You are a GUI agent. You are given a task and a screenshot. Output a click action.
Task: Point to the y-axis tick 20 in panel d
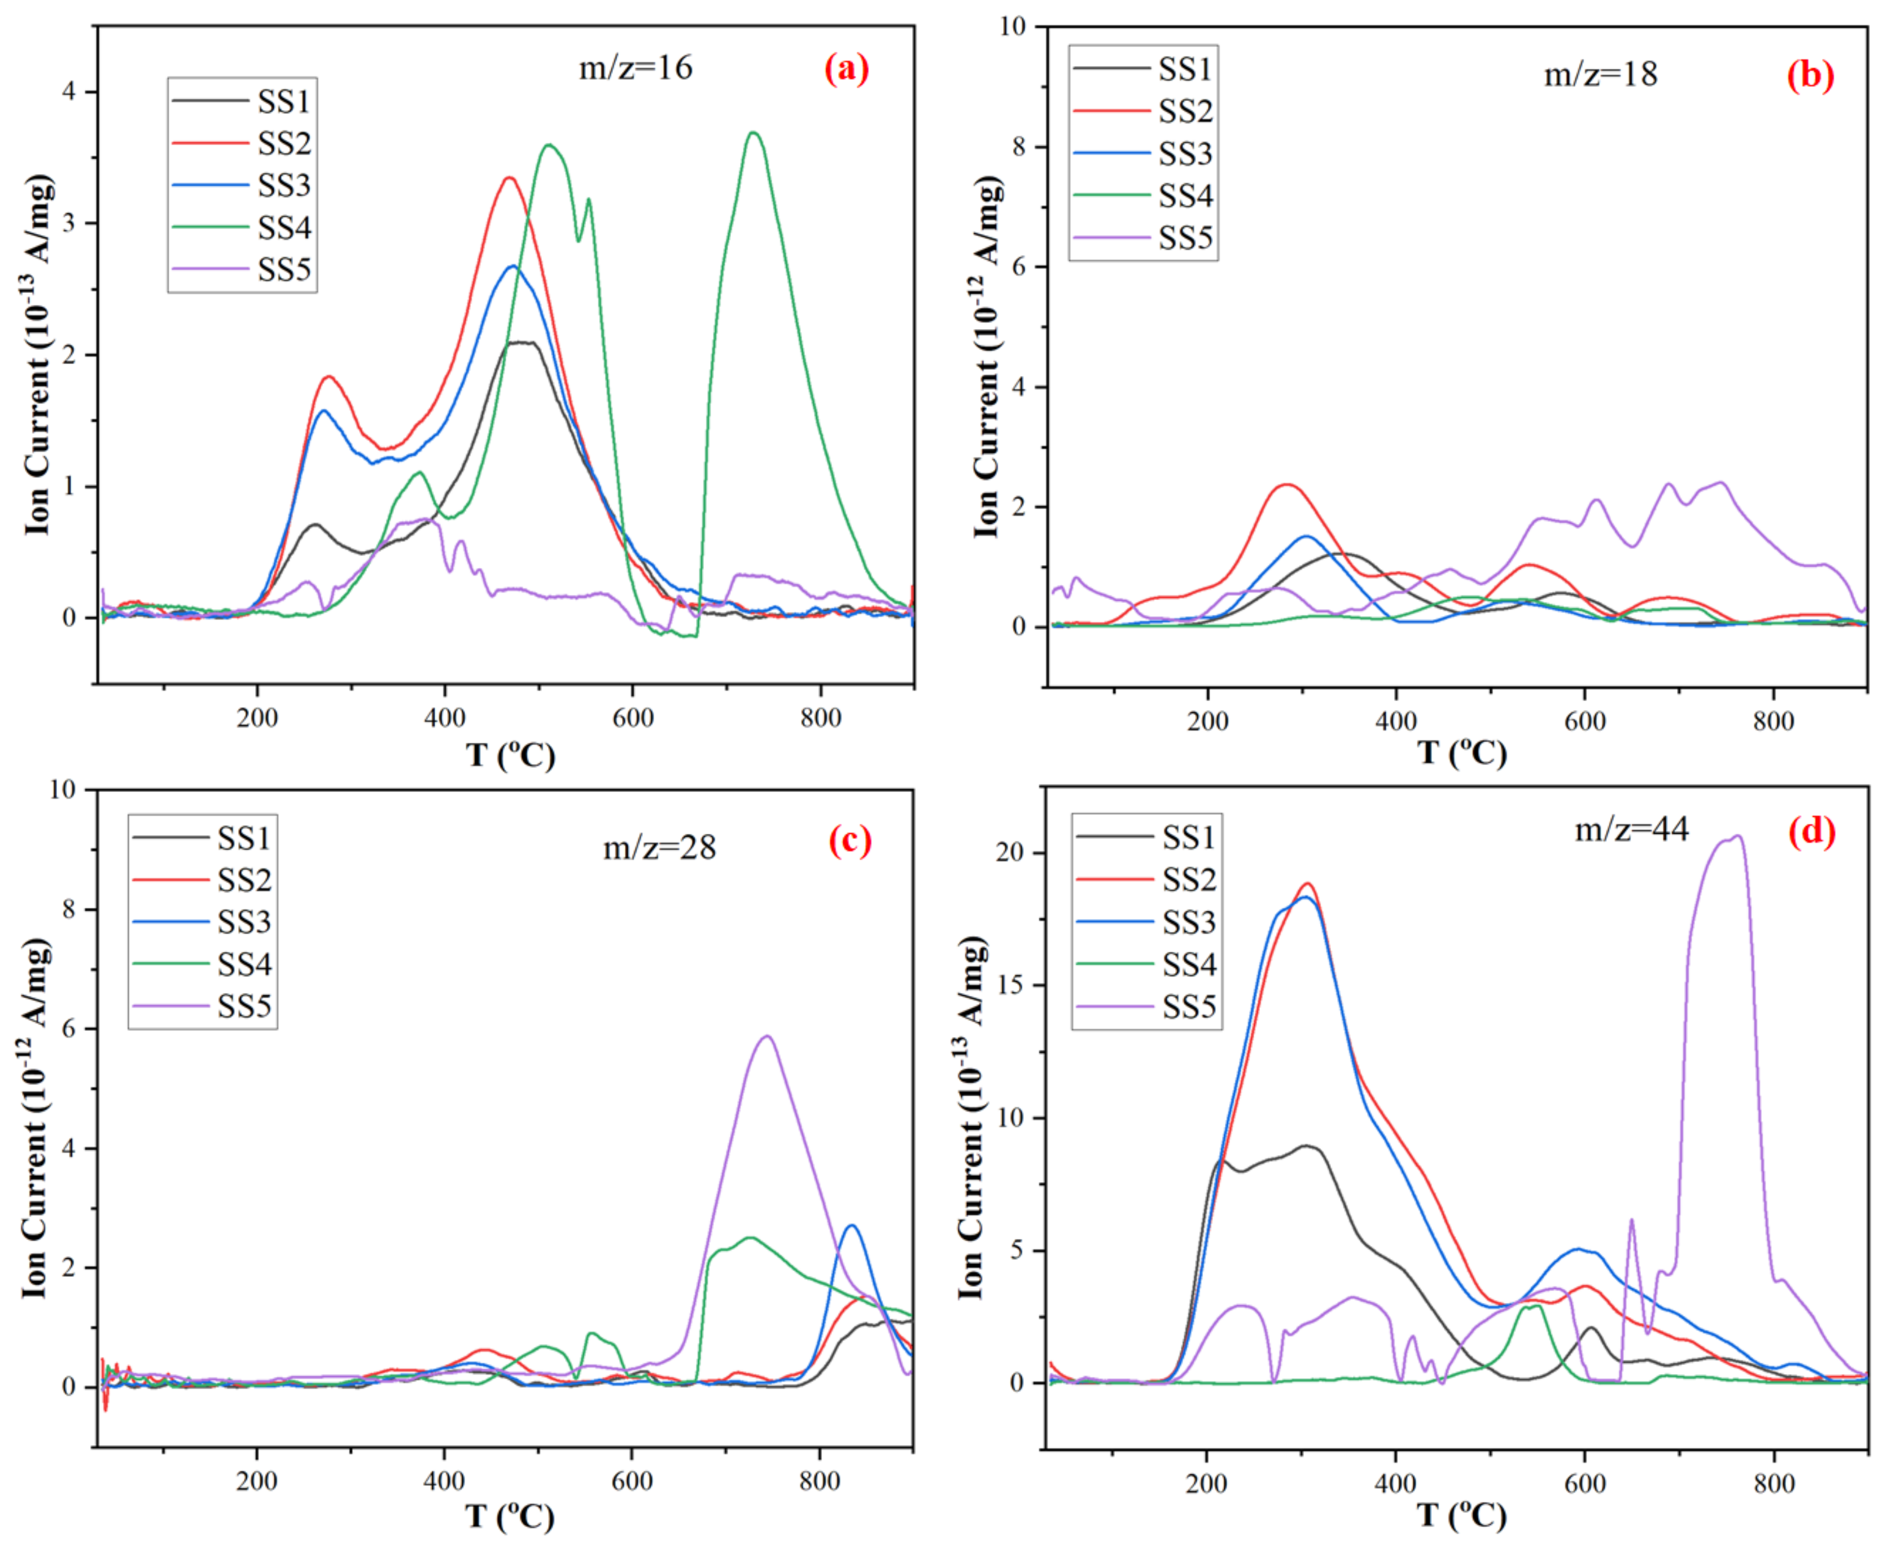coord(1010,852)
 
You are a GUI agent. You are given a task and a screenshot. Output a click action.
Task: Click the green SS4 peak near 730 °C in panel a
coord(754,133)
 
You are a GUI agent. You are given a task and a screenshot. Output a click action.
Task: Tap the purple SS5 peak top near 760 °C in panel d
coord(1737,836)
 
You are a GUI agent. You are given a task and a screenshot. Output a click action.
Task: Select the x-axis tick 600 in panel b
coord(1585,721)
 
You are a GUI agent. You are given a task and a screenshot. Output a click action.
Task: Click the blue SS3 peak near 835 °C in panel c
coord(852,1226)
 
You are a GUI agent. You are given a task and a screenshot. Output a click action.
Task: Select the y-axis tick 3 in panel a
coord(68,223)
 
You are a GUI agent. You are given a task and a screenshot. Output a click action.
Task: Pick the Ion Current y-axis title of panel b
coord(987,357)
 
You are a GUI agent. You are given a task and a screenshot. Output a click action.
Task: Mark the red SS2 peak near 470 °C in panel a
coord(509,178)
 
